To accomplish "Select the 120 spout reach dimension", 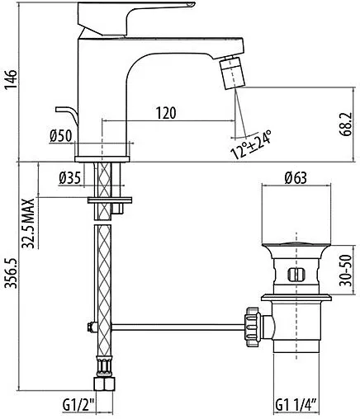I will tap(168, 112).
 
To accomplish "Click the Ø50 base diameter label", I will tap(59, 137).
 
